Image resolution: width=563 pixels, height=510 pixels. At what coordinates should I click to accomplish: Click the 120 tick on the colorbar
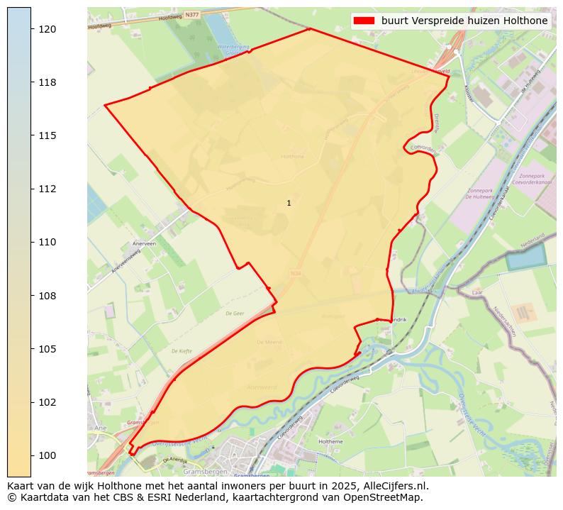pos(47,29)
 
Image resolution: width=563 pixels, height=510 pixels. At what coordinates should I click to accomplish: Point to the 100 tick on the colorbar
pos(47,455)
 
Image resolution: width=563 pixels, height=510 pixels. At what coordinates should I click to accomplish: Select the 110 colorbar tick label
pos(47,242)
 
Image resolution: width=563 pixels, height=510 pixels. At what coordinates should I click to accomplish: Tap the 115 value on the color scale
pos(47,135)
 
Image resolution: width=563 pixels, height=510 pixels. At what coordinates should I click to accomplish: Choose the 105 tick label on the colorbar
pos(47,349)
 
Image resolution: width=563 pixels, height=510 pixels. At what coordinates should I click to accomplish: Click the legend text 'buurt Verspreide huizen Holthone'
pos(464,21)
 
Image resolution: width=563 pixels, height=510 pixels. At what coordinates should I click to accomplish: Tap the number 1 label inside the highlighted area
pos(289,204)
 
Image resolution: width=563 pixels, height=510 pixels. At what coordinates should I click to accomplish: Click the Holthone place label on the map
pos(292,156)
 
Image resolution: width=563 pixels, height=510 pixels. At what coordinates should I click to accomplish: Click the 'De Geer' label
pos(235,313)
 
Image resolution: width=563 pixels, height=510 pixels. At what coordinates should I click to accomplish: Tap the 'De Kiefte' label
pos(182,350)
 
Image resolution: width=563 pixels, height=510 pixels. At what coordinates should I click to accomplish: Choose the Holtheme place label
pos(331,442)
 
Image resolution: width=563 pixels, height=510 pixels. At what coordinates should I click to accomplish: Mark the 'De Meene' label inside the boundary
pos(269,342)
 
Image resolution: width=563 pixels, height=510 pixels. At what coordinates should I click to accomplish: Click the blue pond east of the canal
pos(525,256)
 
